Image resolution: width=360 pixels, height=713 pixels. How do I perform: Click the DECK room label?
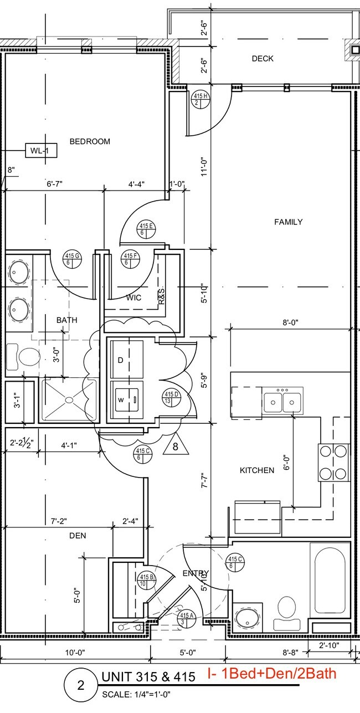click(263, 59)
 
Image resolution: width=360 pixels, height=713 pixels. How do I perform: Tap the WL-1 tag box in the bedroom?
click(41, 150)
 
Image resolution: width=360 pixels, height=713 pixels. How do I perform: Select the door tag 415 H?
click(200, 99)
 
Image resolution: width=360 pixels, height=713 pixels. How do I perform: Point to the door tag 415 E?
click(146, 229)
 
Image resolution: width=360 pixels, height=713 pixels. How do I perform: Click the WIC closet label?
click(133, 297)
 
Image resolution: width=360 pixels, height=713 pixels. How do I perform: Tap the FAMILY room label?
click(289, 222)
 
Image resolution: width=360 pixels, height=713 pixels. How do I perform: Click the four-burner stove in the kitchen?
click(333, 463)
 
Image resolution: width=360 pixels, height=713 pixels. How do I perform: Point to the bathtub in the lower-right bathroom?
click(330, 579)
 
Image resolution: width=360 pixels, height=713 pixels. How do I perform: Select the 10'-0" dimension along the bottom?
click(74, 653)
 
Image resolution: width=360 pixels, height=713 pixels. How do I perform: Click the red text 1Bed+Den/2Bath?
click(271, 674)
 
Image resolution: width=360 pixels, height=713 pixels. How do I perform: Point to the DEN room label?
click(78, 536)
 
